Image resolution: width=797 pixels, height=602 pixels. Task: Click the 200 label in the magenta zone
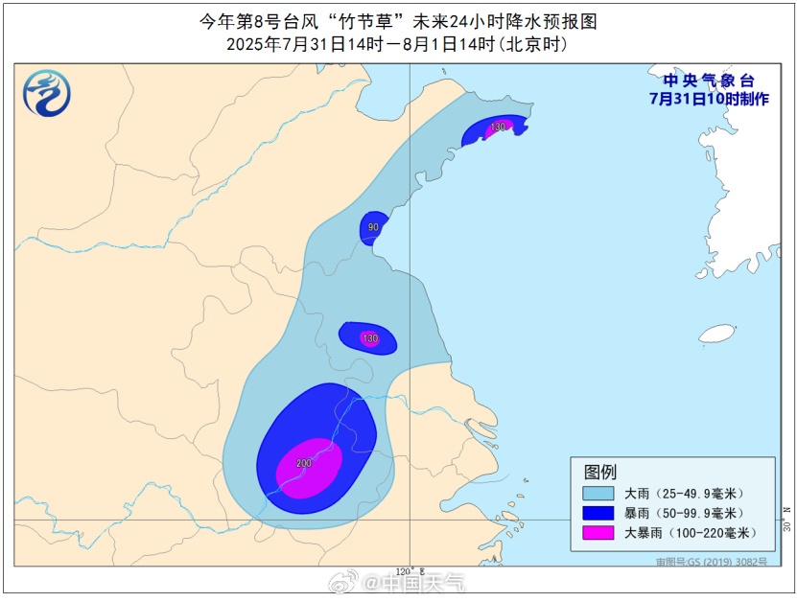pos(304,463)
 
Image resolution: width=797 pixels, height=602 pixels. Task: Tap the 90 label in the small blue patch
pos(374,227)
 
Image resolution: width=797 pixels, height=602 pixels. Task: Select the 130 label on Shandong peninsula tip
pos(498,127)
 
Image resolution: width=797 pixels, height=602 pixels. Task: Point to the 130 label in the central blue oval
pos(370,338)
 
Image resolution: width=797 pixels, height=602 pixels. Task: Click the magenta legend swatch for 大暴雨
pos(598,532)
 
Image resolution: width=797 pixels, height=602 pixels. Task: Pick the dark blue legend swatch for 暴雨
pos(598,513)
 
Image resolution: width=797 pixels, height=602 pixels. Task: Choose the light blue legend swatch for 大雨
pos(598,493)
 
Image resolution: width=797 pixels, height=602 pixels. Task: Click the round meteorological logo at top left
pos(47,94)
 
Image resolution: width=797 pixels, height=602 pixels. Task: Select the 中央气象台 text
pos(709,81)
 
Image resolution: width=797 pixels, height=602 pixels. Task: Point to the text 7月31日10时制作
pos(709,98)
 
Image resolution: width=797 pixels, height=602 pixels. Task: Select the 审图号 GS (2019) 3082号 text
pos(712,562)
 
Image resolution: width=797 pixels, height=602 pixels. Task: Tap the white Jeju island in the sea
pos(716,334)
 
